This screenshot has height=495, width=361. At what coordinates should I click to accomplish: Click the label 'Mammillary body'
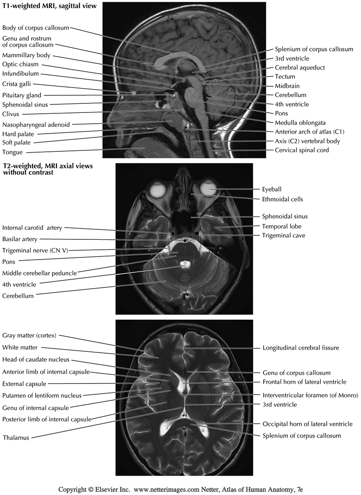point(26,56)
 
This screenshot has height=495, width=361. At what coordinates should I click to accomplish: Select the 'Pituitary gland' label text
point(22,95)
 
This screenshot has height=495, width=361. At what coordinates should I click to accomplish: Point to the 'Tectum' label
point(285,76)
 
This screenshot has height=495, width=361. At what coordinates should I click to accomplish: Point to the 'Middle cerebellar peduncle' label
point(39,273)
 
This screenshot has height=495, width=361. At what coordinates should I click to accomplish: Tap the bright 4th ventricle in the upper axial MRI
point(184,263)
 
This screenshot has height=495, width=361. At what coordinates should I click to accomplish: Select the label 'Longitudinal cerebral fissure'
point(301,348)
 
